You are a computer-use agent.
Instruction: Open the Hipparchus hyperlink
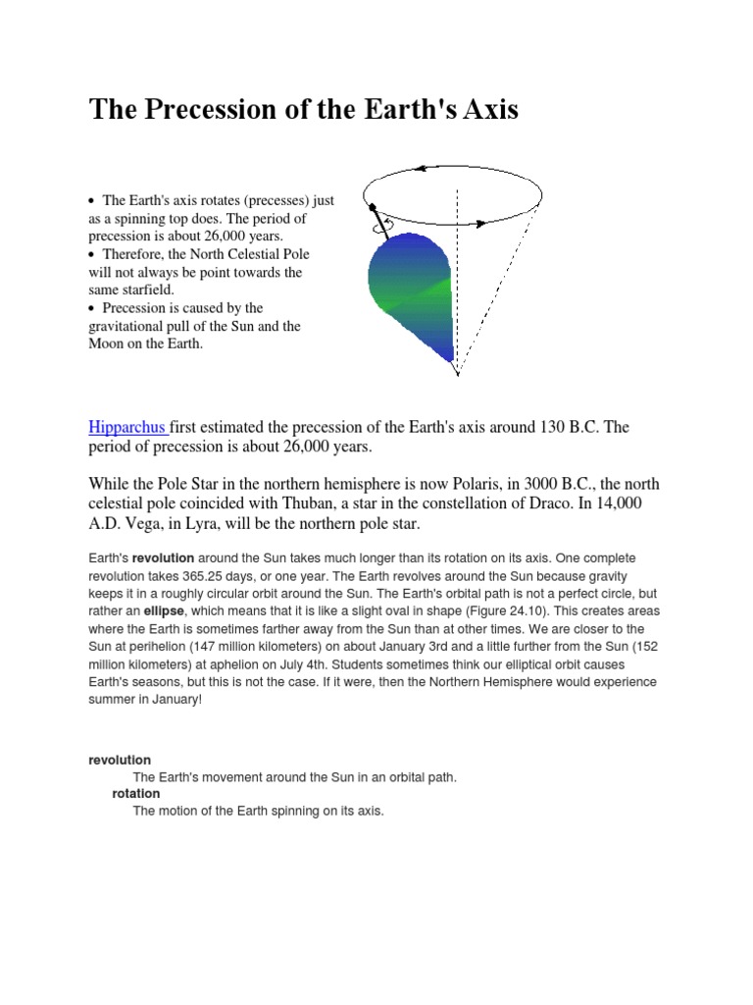[x=128, y=427]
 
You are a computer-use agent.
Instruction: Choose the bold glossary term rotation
[x=135, y=793]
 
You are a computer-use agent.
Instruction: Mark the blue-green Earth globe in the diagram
[x=409, y=294]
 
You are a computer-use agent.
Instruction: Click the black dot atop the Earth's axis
[x=373, y=207]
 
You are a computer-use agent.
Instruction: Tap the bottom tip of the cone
[x=457, y=374]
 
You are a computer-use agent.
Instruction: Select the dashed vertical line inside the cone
[x=457, y=285]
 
